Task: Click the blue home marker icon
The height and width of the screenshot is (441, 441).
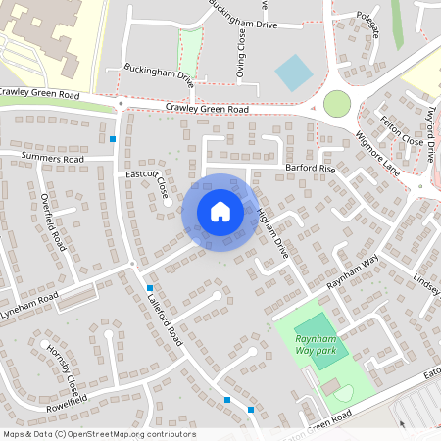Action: coord(220,211)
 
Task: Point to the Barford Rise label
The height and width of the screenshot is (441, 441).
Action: coord(311,169)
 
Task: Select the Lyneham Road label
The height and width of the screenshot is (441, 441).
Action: coord(29,299)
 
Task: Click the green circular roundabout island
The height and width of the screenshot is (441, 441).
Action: coord(336,103)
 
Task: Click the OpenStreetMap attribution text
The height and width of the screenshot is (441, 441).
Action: coord(98,434)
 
